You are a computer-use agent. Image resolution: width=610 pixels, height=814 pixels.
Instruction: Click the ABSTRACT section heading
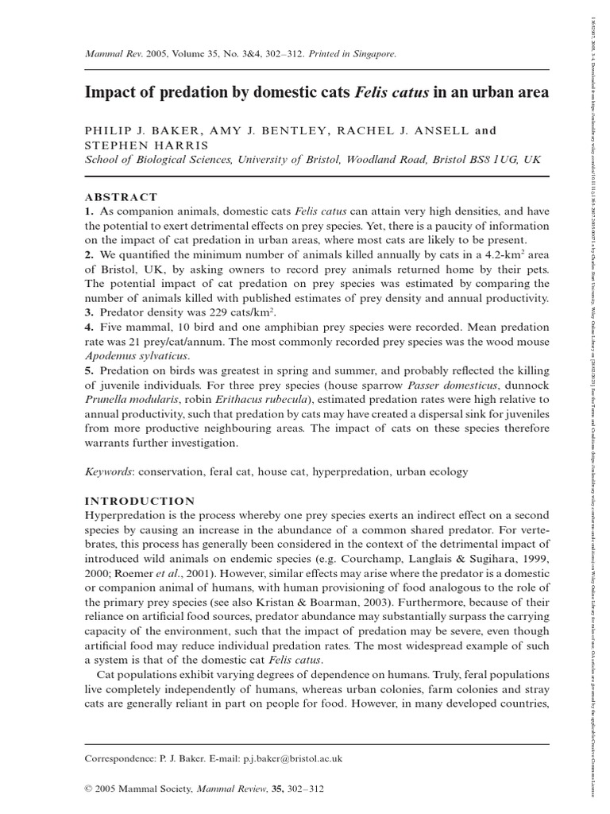point(122,197)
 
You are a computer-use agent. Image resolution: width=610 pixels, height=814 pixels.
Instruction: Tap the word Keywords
point(108,471)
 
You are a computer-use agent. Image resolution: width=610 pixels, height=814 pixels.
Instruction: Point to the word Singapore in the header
point(369,54)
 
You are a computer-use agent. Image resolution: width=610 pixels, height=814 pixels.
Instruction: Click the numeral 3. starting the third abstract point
point(90,312)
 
